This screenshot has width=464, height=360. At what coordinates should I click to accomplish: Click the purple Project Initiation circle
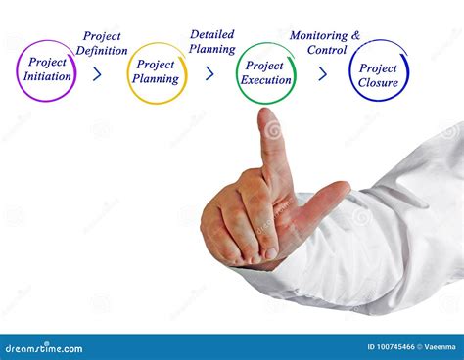coord(46,70)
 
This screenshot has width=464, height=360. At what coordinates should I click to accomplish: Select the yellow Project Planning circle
coord(157,72)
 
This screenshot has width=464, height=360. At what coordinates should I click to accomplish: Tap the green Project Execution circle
coord(266,72)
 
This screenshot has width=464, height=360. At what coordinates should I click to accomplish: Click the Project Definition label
coord(102,43)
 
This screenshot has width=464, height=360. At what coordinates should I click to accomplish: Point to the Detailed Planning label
coord(211,41)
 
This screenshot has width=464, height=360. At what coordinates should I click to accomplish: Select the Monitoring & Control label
coord(325,42)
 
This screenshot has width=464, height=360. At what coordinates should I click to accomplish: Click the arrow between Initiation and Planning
coord(97,73)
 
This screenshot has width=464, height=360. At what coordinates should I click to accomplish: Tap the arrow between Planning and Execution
coord(209,73)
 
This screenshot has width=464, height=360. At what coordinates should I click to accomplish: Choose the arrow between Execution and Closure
coord(322,73)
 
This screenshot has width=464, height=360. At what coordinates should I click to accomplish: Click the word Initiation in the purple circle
coord(46,77)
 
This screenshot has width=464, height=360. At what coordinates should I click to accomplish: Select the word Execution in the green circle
coord(267,80)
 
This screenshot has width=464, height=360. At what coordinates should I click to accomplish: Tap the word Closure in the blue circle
coord(378,83)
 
